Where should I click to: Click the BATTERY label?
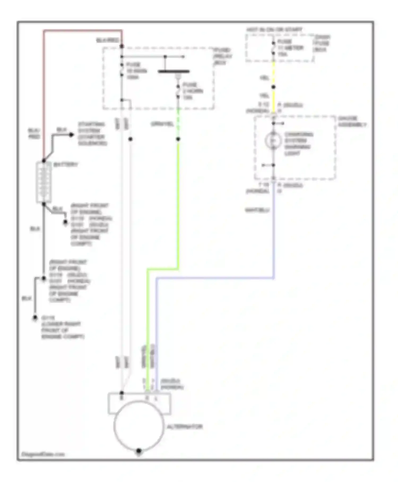pos(66,164)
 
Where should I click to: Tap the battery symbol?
pos(44,183)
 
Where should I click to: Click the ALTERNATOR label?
pos(185,427)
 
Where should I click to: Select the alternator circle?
pos(139,425)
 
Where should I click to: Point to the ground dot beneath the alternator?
pos(139,451)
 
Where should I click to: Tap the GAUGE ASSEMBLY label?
pos(352,121)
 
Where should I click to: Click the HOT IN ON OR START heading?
pos(274,29)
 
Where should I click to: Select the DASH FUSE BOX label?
pos(322,43)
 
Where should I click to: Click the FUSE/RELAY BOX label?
pos(222,56)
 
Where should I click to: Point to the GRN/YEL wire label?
pos(162,124)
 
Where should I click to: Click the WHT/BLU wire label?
pos(257,210)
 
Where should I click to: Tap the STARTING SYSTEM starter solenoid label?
pos(92,134)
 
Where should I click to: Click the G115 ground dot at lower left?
pos(35,318)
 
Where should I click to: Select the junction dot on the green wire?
pos(178,139)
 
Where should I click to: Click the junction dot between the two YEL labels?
pos(273,87)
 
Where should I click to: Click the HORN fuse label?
pos(193,91)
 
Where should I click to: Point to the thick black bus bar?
pos(174,71)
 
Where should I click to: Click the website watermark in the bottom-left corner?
pos(43,454)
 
